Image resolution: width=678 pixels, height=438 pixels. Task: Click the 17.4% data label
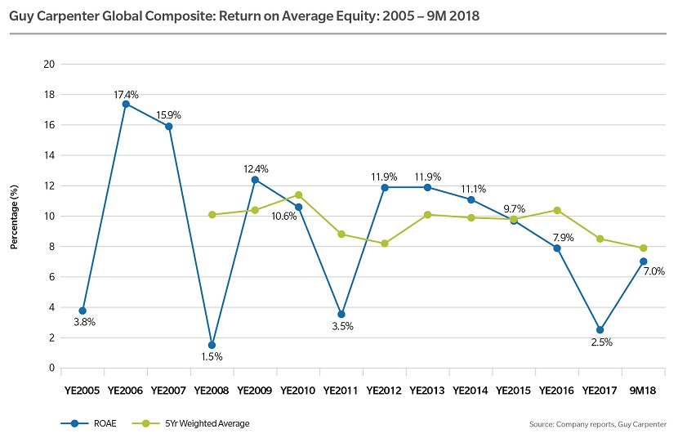(125, 94)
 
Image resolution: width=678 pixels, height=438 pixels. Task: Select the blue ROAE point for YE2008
(212, 345)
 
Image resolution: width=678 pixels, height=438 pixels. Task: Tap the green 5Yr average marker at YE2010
(298, 194)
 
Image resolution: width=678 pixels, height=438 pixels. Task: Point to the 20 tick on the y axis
(50, 65)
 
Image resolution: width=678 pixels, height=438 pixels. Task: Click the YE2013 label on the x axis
(427, 391)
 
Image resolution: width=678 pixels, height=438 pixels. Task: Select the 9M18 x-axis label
(644, 391)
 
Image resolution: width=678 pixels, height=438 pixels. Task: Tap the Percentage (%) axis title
(14, 216)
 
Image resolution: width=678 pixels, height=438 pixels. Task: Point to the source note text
(598, 424)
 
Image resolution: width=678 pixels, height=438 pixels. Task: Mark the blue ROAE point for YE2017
(600, 330)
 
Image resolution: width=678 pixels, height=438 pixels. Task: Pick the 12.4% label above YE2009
(255, 168)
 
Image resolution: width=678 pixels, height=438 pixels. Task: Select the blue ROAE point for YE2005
(82, 311)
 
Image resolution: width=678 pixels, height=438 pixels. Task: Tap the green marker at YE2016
(557, 210)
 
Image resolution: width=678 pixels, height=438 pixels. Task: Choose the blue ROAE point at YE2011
(341, 315)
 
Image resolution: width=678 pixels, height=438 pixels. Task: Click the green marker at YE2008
(212, 215)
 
